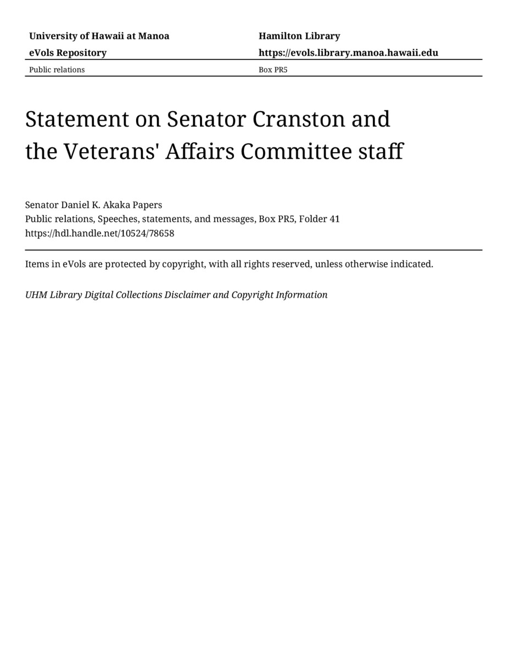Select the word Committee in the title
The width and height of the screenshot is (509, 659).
tap(298, 152)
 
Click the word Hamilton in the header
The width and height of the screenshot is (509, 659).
tap(279, 36)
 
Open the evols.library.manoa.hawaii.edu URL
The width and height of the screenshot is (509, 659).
tap(348, 53)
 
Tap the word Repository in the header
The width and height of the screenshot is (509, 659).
tap(81, 53)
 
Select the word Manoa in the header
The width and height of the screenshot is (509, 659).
tap(154, 36)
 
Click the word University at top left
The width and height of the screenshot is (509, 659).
tap(53, 36)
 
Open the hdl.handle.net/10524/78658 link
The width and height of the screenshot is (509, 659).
tap(99, 233)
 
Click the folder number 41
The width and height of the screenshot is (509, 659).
tap(334, 219)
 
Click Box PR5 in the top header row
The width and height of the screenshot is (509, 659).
tap(273, 70)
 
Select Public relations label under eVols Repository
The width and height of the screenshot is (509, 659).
tap(57, 70)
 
